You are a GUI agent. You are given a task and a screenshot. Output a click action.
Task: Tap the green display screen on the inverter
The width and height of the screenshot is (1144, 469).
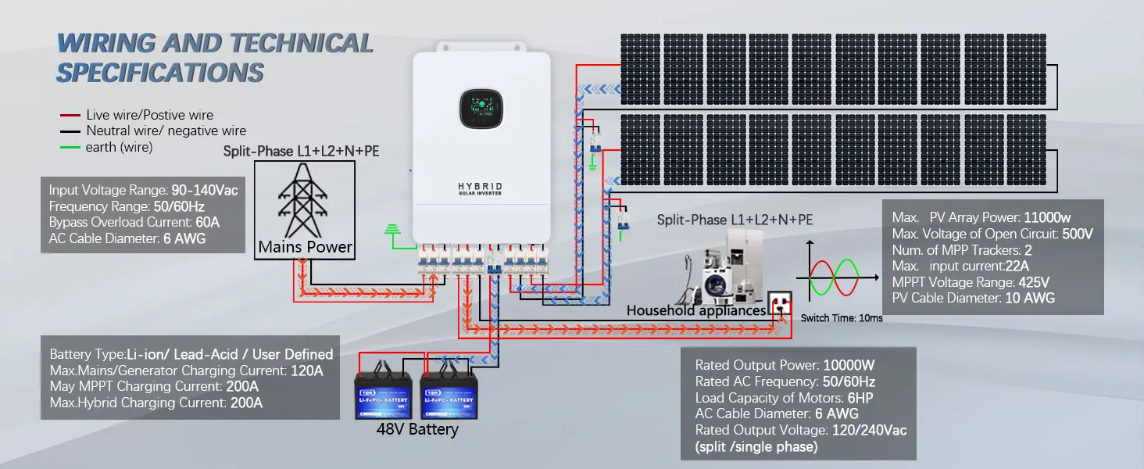pos(481,110)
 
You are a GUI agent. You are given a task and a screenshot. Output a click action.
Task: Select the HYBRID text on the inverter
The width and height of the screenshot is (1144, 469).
pos(481,186)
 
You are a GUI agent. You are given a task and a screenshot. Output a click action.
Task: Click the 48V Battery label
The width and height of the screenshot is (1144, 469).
pos(418,429)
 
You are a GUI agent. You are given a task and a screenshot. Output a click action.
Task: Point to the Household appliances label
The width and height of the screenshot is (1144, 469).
pos(696,310)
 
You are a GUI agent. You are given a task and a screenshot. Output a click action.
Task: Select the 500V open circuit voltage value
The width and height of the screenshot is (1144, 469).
pos(1078,233)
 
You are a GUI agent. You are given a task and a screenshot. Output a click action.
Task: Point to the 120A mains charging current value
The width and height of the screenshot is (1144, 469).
pos(306,371)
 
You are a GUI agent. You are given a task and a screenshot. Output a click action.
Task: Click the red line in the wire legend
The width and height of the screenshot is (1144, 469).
pos(70,114)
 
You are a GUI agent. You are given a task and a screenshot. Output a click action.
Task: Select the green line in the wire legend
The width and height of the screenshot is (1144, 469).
pos(70,147)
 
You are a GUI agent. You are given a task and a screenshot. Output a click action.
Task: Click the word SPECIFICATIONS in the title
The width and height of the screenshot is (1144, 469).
pos(160,73)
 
